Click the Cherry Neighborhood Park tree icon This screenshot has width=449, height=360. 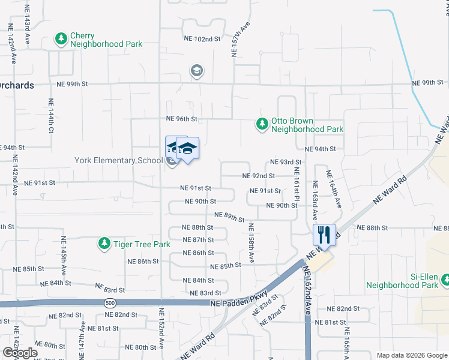(61, 39)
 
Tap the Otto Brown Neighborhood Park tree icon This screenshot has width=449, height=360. (262, 124)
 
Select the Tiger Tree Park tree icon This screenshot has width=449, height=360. (104, 244)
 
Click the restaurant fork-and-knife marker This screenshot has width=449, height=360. (324, 235)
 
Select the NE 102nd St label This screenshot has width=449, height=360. (202, 39)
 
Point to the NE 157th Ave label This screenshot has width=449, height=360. (240, 41)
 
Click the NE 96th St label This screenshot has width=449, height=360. (182, 119)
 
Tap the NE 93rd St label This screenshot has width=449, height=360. (285, 162)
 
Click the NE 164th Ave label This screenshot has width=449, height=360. (334, 190)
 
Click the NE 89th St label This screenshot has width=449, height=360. (229, 217)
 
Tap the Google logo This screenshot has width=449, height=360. (20, 353)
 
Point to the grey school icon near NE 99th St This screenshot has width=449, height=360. (196, 71)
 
